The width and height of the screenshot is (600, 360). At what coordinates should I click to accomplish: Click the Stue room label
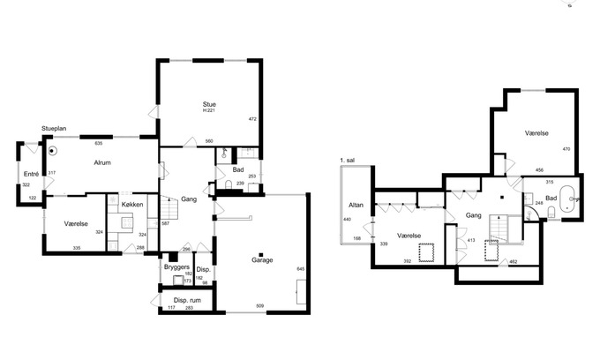(209, 104)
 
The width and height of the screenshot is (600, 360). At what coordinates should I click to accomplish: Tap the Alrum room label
(102, 162)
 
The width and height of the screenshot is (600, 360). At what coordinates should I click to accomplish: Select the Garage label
(262, 260)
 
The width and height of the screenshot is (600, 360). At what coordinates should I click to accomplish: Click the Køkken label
(132, 205)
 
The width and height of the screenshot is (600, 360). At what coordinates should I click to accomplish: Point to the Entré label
(32, 174)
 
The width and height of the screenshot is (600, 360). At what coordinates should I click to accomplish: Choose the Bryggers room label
(176, 267)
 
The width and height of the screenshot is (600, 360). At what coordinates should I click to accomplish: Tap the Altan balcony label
(356, 205)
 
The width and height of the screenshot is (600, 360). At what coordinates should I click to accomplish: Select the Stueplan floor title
(54, 129)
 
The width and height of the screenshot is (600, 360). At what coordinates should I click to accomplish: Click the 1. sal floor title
(348, 161)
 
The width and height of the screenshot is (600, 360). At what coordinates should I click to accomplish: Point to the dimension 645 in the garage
(300, 269)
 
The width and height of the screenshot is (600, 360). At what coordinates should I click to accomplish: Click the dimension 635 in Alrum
(98, 144)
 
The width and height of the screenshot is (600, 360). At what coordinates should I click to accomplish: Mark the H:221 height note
(209, 110)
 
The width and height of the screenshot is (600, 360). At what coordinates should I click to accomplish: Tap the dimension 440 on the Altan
(347, 219)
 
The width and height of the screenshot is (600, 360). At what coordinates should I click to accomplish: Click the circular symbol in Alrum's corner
(52, 151)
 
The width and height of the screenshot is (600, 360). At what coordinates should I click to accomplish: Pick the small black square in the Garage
(261, 254)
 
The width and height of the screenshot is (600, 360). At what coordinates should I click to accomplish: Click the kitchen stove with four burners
(127, 222)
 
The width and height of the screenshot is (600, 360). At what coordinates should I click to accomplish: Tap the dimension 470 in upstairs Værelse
(566, 149)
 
